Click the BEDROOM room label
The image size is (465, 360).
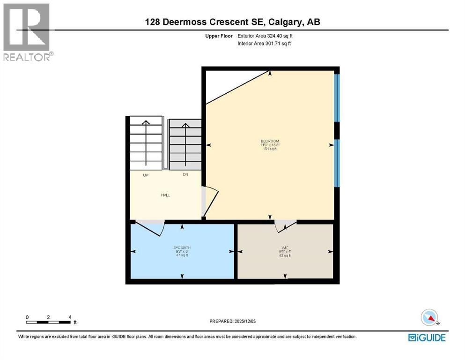point(270,141)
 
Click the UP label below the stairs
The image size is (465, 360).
point(146,175)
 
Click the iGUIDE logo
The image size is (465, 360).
point(426,337)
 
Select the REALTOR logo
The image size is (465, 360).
point(27,32)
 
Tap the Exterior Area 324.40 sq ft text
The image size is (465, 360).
point(266,36)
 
